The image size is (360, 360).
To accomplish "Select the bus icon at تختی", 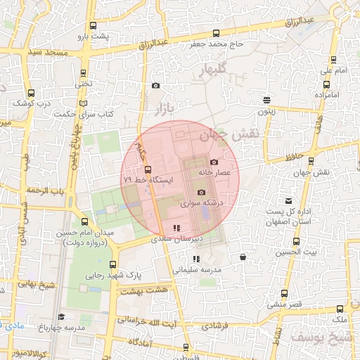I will coord(84,72).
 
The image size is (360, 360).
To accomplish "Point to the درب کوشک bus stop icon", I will coord(31,92).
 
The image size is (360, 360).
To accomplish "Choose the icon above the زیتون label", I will coord(266,100).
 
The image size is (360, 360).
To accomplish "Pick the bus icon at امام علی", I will coord(330,60).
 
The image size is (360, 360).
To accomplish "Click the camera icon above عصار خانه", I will coord(214,162).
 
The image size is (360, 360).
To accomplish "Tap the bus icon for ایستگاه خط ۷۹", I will coord(148,169).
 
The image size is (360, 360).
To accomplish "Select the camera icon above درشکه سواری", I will coord(201,193).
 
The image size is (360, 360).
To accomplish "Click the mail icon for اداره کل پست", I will coord(287,201).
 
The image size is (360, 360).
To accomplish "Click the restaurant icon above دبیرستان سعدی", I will coord(176,228).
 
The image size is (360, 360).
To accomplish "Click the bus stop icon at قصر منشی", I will coord(284,294).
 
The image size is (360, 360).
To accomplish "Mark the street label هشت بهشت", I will coord(146,289).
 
